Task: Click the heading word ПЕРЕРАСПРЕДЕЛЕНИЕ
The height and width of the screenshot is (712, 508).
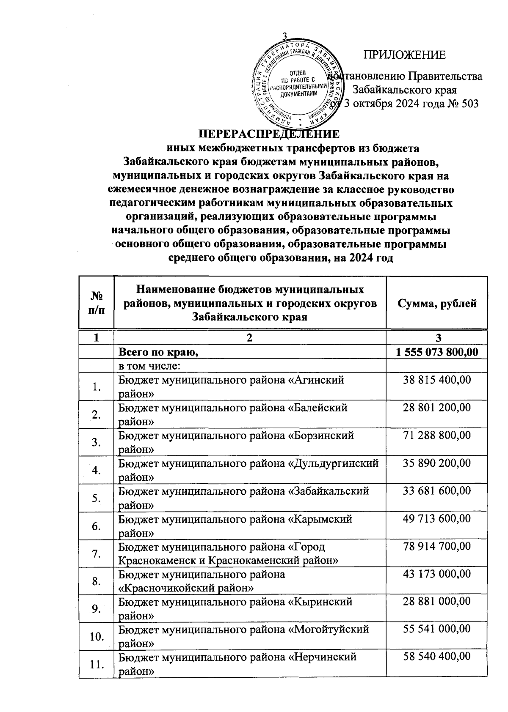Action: tap(270, 134)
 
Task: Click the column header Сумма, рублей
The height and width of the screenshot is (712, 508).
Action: tap(437, 303)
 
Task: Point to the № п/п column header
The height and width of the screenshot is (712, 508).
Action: tap(97, 303)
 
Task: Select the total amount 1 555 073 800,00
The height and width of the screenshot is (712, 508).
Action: tap(437, 351)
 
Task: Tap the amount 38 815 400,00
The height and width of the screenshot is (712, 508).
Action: tap(437, 380)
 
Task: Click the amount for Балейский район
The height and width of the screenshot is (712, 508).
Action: tap(437, 408)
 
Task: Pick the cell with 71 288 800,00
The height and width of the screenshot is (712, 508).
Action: tap(437, 435)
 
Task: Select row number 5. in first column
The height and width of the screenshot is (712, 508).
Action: tap(97, 498)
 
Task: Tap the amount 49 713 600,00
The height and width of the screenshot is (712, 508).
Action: tap(437, 518)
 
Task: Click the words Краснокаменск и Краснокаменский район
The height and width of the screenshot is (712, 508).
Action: tap(228, 561)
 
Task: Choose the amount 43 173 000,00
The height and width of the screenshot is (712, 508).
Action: tap(437, 574)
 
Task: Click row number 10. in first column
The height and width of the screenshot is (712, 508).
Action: tap(97, 636)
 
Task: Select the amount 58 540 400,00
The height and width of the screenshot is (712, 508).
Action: tap(437, 657)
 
